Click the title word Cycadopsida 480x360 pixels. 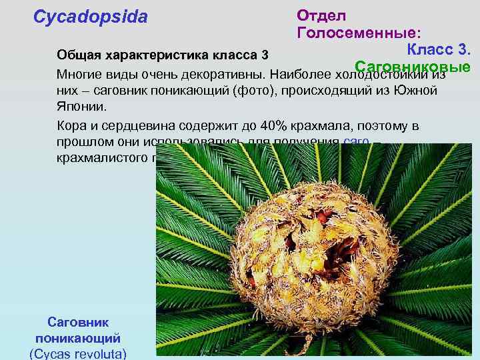[x=90, y=17]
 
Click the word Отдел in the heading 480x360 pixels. [x=321, y=15]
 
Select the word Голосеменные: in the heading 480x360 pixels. [x=358, y=33]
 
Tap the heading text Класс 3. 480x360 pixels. [x=439, y=50]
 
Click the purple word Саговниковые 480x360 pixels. [x=413, y=67]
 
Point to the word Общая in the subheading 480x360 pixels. [x=79, y=54]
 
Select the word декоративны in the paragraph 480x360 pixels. [x=227, y=72]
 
